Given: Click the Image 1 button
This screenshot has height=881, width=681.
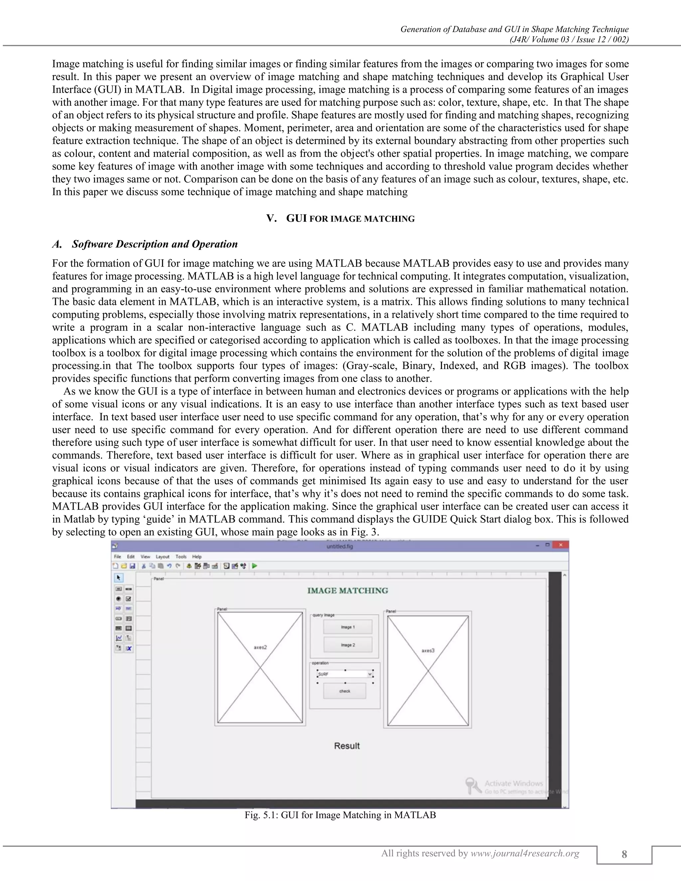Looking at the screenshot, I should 347,627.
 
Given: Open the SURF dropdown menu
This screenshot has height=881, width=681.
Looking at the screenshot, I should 369,674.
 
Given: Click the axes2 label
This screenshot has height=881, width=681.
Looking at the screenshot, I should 260,647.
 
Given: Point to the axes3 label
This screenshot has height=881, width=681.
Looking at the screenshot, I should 428,650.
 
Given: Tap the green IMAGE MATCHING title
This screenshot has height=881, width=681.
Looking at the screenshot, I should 347,590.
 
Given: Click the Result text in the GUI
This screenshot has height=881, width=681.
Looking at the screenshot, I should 346,746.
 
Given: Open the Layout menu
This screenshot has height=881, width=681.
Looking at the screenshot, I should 163,557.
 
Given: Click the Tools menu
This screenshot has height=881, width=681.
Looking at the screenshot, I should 181,557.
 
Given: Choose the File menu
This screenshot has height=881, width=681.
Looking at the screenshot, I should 117,557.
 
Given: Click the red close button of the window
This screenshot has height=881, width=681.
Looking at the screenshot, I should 560,545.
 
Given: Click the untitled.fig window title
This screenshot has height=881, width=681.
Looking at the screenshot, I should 340,547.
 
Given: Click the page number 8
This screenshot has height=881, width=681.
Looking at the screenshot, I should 624,854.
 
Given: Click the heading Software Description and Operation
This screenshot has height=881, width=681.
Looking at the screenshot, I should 155,244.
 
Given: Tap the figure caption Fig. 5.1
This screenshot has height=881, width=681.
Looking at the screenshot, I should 340,815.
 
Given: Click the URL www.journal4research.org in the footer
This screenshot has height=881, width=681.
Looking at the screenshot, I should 525,853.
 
